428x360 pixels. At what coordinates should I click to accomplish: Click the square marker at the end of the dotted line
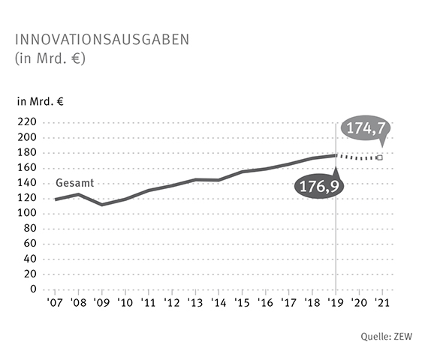(380, 157)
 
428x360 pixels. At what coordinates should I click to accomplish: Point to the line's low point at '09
(101, 204)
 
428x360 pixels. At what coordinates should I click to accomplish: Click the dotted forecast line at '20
(358, 158)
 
